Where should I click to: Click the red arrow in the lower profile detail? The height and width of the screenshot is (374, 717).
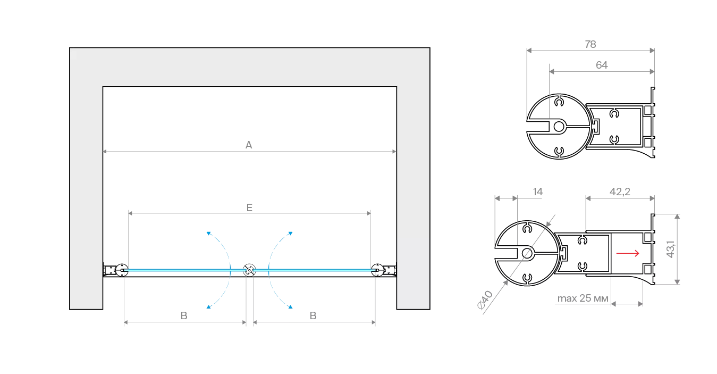tap(628, 254)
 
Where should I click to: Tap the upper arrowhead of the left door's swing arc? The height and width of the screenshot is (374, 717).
tap(209, 234)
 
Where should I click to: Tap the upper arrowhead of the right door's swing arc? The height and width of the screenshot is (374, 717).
tap(290, 234)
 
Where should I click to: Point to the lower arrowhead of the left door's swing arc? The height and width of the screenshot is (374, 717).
tap(208, 307)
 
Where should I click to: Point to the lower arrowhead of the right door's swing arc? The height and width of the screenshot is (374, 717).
tap(290, 307)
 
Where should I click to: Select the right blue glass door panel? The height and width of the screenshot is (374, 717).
tap(314, 271)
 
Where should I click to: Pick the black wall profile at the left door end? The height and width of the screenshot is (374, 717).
tap(114, 271)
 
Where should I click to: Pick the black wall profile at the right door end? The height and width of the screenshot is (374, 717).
tap(385, 271)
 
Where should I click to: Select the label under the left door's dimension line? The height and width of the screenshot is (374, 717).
tap(182, 315)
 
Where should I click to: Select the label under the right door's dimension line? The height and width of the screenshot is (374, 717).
tap(315, 315)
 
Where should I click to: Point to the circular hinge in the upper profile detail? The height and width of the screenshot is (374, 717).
tap(555, 127)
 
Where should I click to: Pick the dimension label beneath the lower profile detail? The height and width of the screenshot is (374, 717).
tap(583, 301)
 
